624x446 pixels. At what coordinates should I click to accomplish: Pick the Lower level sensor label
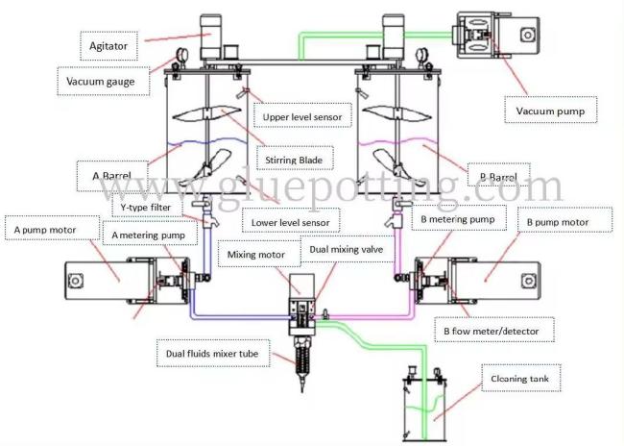click(x=290, y=223)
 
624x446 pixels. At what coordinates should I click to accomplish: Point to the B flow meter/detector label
click(x=492, y=332)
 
